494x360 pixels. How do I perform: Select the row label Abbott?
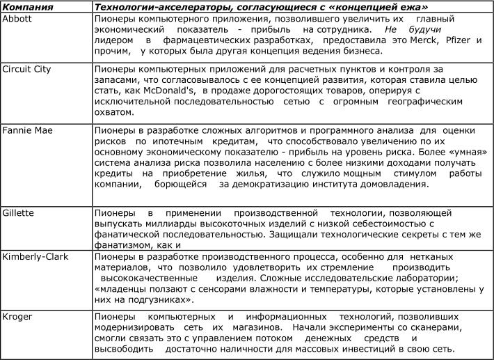(x=17, y=18)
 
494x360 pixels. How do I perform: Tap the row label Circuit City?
(x=26, y=69)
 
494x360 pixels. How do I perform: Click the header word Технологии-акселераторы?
(x=154, y=6)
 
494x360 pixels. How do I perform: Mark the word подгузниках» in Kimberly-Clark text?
(x=153, y=301)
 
